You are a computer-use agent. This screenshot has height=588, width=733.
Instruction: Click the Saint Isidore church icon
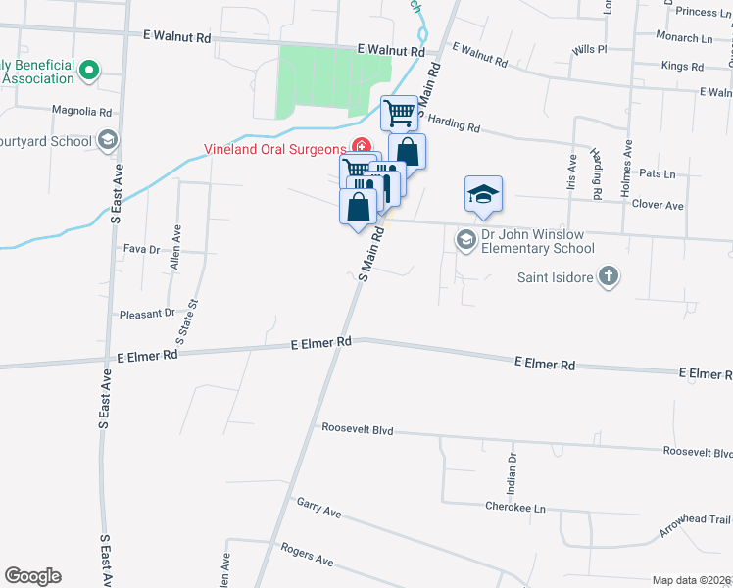608,276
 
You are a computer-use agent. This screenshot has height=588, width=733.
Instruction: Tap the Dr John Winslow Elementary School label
537,241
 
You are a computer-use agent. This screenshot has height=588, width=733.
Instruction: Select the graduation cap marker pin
483,193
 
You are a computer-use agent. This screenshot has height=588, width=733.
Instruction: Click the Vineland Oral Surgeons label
277,150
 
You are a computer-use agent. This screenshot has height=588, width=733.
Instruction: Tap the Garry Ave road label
318,508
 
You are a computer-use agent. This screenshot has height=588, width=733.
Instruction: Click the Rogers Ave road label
307,555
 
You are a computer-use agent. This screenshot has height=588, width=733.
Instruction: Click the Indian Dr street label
512,472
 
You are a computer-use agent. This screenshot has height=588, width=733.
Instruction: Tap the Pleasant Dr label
146,314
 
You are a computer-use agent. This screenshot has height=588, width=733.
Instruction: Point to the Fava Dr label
141,249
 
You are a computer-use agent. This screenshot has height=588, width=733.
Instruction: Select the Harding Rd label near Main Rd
454,126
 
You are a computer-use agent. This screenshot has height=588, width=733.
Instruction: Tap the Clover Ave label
658,206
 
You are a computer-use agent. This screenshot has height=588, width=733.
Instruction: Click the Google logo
32,576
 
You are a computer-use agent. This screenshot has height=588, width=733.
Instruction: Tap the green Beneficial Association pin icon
88,70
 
